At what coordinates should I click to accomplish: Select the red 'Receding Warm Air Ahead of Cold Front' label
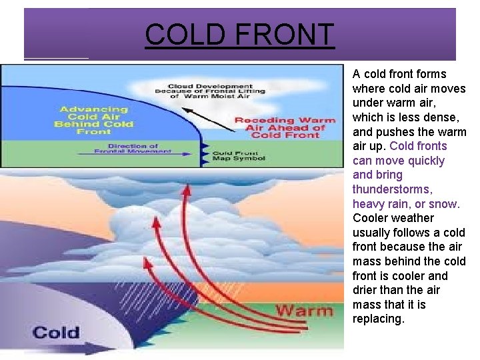pyautogui.click(x=285, y=128)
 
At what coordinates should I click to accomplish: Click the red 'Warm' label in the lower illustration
pyautogui.click(x=304, y=311)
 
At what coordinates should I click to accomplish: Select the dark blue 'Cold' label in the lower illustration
pyautogui.click(x=56, y=332)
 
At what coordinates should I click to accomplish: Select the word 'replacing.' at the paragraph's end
pyautogui.click(x=378, y=319)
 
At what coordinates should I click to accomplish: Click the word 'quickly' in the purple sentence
pyautogui.click(x=427, y=161)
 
